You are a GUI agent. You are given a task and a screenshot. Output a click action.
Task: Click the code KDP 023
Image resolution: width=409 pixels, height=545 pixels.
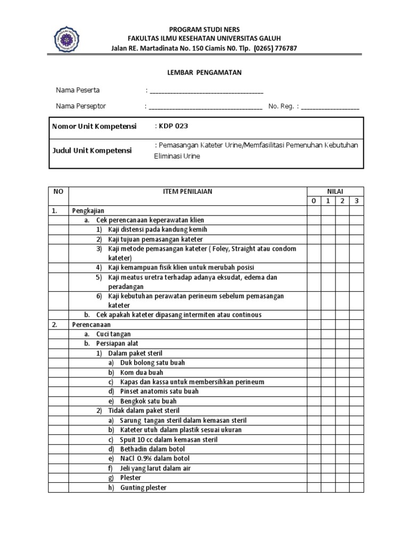173,126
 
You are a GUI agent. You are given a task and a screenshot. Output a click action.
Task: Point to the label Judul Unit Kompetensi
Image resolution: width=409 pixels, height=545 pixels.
91,151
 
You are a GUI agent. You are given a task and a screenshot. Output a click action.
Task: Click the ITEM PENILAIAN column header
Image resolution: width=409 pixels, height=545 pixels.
187,191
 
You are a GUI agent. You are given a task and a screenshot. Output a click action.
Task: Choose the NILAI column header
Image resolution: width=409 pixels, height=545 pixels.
335,191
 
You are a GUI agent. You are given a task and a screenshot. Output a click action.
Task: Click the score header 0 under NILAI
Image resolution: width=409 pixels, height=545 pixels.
314,201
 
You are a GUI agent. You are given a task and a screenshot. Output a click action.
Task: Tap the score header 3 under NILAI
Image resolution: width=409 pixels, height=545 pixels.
356,201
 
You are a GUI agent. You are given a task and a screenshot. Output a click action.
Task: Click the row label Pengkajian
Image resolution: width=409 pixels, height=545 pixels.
88,210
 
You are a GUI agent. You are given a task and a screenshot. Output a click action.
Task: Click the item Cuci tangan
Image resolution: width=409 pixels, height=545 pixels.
113,334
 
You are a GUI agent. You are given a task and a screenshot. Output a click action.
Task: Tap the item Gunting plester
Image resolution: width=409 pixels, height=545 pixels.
143,488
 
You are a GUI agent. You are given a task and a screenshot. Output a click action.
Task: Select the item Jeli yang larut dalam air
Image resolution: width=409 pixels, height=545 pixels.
156,468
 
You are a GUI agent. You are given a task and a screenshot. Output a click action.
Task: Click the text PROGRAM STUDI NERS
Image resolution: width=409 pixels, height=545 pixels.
204,29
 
